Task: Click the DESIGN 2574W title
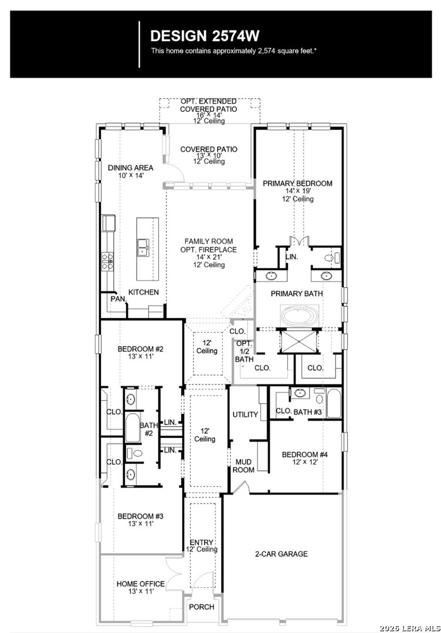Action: coord(205,36)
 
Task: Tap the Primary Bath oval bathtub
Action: coord(298,316)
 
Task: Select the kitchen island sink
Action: coord(143,247)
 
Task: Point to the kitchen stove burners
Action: coord(107,261)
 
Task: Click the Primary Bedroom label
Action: coord(298,183)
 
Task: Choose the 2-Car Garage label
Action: coord(281,554)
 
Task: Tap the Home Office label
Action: coord(141,584)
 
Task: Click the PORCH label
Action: coord(202,607)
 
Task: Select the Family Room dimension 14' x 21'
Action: coord(209,257)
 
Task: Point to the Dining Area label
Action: coord(130,168)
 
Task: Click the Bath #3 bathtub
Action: coord(334,403)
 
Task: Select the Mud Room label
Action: coord(243,465)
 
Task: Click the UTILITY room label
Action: coord(245,414)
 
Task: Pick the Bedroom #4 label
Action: coord(305,455)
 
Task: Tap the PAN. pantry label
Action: coord(118,299)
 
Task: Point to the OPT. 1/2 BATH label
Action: coord(245,351)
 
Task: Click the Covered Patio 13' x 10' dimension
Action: coord(209,155)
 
